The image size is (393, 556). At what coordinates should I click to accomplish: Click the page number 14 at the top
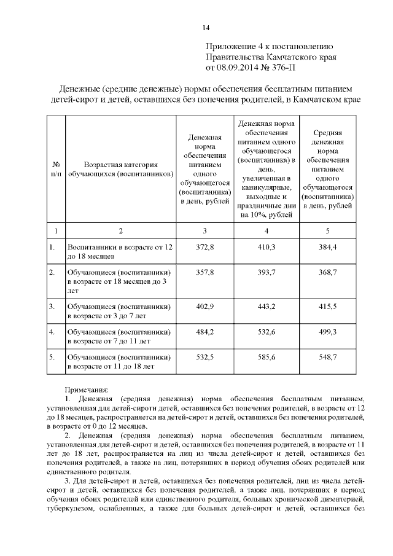pyautogui.click(x=206, y=27)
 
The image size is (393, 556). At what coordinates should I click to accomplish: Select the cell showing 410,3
pyautogui.click(x=265, y=246)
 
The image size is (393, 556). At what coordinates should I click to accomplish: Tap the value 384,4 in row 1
pyautogui.click(x=326, y=246)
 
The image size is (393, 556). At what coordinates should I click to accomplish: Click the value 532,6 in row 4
pyautogui.click(x=265, y=332)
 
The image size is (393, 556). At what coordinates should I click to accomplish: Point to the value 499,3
pyautogui.click(x=326, y=332)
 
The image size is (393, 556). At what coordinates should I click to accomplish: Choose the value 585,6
pyautogui.click(x=265, y=357)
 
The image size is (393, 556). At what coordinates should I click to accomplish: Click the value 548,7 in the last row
pyautogui.click(x=326, y=357)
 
